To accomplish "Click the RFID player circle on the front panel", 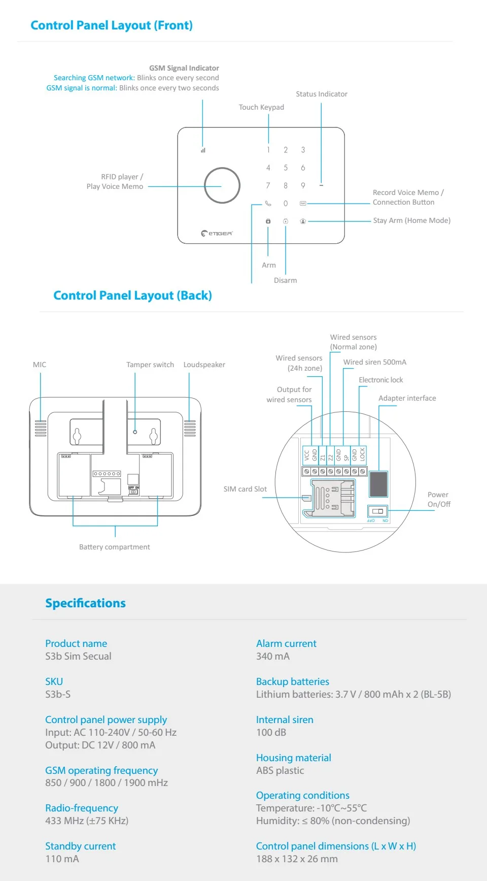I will pyautogui.click(x=222, y=185).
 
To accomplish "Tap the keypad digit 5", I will pyautogui.click(x=286, y=168).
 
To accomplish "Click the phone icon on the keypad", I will pyautogui.click(x=268, y=203).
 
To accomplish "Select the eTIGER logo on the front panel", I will pyautogui.click(x=217, y=233).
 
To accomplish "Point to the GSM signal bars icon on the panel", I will pyautogui.click(x=203, y=150).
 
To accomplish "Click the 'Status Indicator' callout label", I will pyautogui.click(x=322, y=94).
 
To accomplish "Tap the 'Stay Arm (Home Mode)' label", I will pyautogui.click(x=411, y=220).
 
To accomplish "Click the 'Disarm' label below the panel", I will pyautogui.click(x=285, y=280).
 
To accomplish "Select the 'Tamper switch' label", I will pyautogui.click(x=150, y=365).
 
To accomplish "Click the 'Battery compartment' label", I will pyautogui.click(x=115, y=547).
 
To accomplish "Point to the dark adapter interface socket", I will pyautogui.click(x=378, y=483).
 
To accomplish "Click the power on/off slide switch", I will pyautogui.click(x=377, y=511).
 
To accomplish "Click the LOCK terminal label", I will pyautogui.click(x=362, y=454).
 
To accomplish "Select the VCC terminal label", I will pyautogui.click(x=306, y=455).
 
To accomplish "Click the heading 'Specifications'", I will pyautogui.click(x=85, y=603).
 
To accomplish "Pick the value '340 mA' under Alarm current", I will pyautogui.click(x=273, y=656).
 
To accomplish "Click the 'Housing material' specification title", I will pyautogui.click(x=293, y=758).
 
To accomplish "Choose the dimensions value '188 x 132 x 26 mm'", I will pyautogui.click(x=297, y=859).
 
